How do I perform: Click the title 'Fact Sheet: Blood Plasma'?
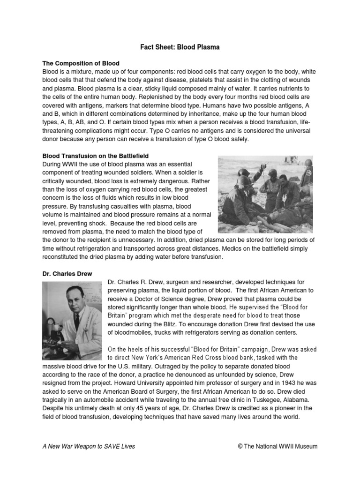[180, 47]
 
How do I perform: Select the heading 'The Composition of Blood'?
[81, 63]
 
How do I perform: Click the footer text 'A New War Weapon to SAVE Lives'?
[89, 446]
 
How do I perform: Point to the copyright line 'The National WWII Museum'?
[282, 446]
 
